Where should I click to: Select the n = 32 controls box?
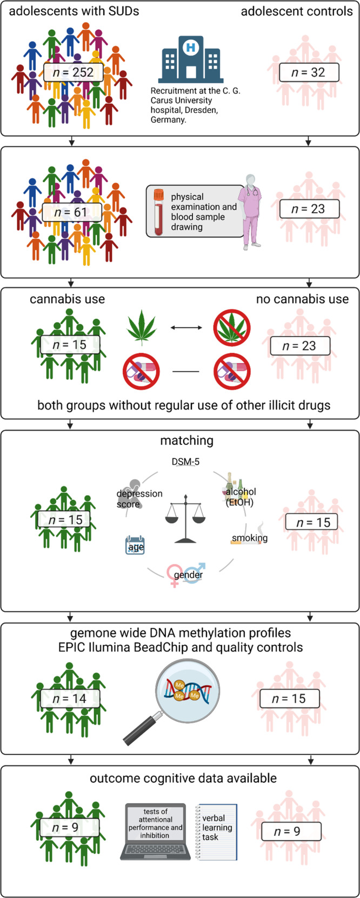(x=309, y=72)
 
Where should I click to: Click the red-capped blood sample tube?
(x=159, y=212)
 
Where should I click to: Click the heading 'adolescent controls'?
(x=297, y=11)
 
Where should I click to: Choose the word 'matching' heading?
(x=187, y=440)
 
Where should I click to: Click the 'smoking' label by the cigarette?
(x=249, y=538)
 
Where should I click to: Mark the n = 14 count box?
(x=72, y=699)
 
